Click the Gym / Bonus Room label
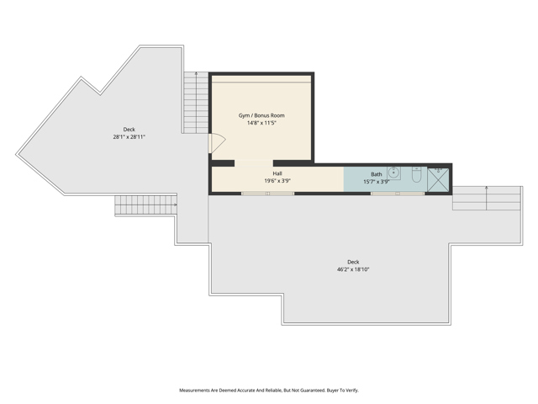[261, 114]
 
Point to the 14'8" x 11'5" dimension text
[261, 123]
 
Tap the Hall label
[277, 173]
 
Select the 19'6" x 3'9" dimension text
[277, 181]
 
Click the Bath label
[376, 174]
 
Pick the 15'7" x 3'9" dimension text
[376, 182]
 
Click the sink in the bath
[393, 174]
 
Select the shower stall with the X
[438, 179]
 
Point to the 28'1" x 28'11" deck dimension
[129, 137]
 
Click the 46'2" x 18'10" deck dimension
[353, 269]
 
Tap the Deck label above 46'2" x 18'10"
[353, 262]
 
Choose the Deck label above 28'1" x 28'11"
[129, 130]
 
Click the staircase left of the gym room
[196, 103]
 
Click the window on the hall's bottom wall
[267, 194]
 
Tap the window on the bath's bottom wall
[397, 194]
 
